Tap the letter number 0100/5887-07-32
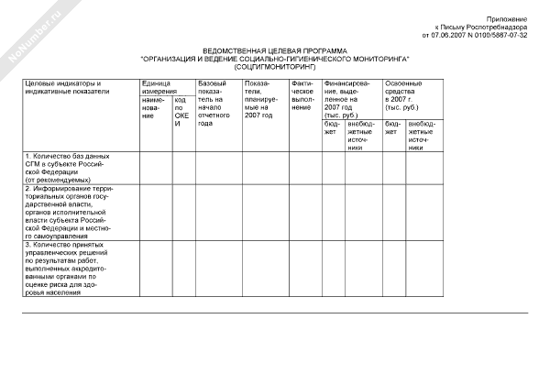click(503, 35)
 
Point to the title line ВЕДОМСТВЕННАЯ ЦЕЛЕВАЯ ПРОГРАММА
click(275, 50)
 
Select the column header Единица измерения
click(156, 88)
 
